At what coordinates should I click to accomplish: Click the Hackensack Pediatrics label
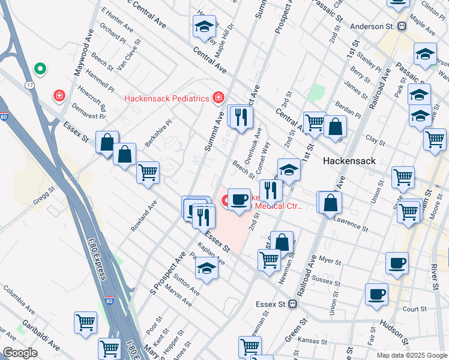pyautogui.click(x=166, y=98)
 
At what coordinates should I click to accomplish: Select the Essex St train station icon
pyautogui.click(x=293, y=304)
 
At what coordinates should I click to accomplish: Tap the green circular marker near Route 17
pyautogui.click(x=40, y=70)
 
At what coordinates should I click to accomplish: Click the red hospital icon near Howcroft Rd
pyautogui.click(x=59, y=95)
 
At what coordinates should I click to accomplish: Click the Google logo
pyautogui.click(x=20, y=353)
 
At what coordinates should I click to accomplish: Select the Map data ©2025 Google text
pyautogui.click(x=412, y=355)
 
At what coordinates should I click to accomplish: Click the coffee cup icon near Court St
pyautogui.click(x=376, y=294)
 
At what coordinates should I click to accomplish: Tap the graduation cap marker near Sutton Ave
pyautogui.click(x=206, y=268)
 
